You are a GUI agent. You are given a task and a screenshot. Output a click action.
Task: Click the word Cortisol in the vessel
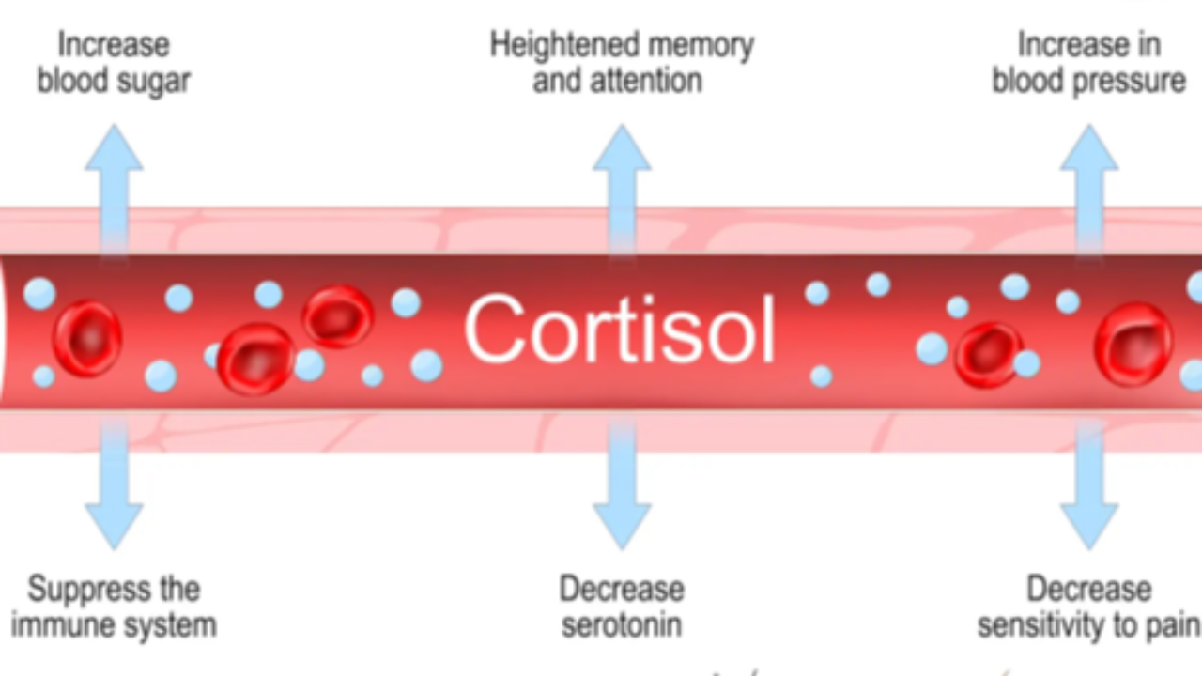pos(620,330)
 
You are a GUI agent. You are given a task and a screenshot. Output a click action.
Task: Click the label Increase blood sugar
pos(114,63)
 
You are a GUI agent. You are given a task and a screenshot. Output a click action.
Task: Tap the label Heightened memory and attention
pos(621,63)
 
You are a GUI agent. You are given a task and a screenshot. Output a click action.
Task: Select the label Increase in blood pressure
pos(1088,63)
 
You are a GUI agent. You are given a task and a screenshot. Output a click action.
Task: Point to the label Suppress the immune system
pos(114,607)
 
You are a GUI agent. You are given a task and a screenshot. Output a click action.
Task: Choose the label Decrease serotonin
pos(621,607)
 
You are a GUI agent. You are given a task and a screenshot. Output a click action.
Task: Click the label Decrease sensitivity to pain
pos(1088,607)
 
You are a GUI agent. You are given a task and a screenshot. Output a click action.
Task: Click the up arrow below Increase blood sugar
pos(114,183)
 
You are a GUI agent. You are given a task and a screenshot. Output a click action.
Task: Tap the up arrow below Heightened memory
pos(621,183)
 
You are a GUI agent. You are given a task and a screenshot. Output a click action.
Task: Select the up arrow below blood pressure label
pos(1088,183)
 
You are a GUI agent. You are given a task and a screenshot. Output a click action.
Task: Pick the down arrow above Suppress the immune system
pos(114,488)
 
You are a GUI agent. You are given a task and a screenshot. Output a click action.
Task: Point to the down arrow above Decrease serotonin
pos(621,488)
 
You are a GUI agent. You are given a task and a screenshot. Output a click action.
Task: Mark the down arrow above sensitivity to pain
pos(1088,488)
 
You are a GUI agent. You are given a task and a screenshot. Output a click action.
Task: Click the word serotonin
pos(621,625)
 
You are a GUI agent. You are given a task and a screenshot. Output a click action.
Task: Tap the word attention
pos(648,81)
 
